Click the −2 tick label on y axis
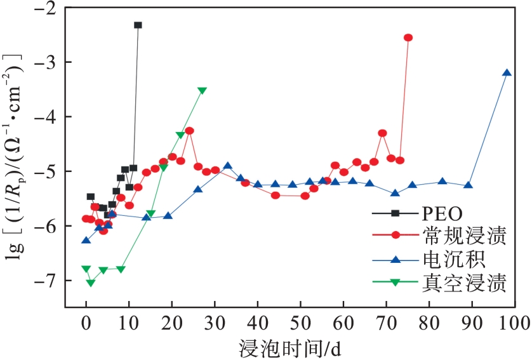tap(46, 8)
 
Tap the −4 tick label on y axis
tap(46, 117)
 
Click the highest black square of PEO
tap(138, 25)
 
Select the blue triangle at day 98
tap(507, 72)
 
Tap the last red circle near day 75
tap(408, 37)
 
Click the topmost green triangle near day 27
tap(202, 91)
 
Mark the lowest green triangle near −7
tap(90, 283)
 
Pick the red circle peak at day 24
tap(189, 131)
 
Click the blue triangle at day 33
tap(227, 166)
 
